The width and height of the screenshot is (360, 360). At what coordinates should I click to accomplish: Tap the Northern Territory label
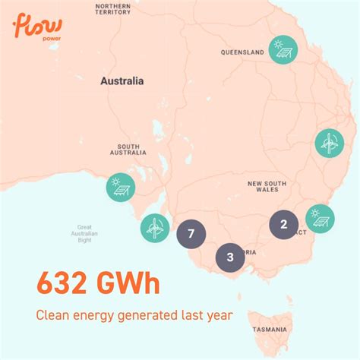point(113,10)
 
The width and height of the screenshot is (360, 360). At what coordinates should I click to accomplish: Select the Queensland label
point(242,52)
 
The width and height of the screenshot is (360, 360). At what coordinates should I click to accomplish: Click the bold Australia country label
point(122,81)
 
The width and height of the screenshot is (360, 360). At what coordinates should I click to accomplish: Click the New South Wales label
point(266,188)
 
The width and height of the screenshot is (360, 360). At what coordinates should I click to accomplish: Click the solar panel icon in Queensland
point(283,50)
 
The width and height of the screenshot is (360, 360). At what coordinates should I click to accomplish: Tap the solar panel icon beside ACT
point(319,219)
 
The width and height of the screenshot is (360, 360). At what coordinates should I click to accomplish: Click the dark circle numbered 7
point(191,234)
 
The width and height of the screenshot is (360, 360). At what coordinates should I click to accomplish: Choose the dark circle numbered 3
point(229,257)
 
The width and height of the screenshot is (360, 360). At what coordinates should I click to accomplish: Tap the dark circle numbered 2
point(283,224)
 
